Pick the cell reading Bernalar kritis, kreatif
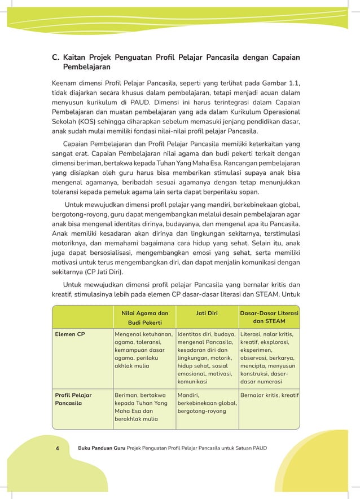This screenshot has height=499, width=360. [269, 395]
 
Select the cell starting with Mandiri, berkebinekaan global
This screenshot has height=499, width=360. [207, 403]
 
